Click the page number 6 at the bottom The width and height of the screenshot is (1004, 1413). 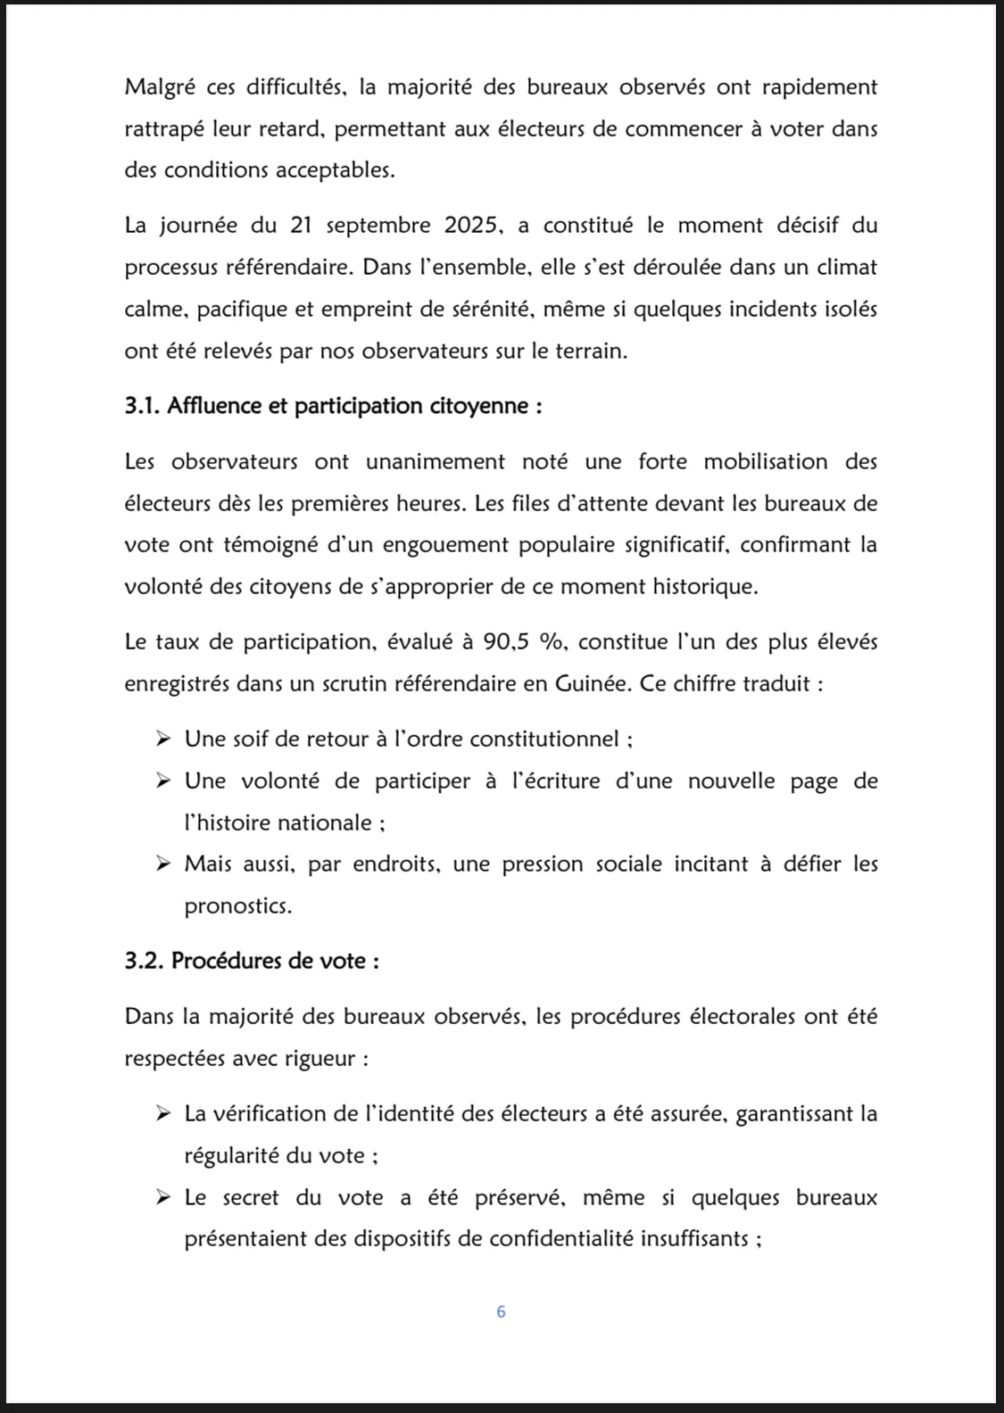click(501, 1311)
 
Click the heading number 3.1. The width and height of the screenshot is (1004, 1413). click(142, 406)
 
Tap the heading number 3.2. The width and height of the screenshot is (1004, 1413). click(144, 961)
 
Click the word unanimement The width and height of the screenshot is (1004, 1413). click(436, 461)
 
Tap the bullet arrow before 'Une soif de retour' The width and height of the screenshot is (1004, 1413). click(162, 739)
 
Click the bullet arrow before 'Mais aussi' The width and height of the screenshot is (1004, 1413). click(162, 863)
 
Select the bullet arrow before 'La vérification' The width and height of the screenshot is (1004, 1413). click(162, 1113)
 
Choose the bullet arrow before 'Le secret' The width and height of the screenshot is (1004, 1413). click(162, 1197)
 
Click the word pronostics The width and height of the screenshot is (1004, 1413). click(236, 906)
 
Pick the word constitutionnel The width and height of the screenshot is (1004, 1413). click(544, 739)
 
